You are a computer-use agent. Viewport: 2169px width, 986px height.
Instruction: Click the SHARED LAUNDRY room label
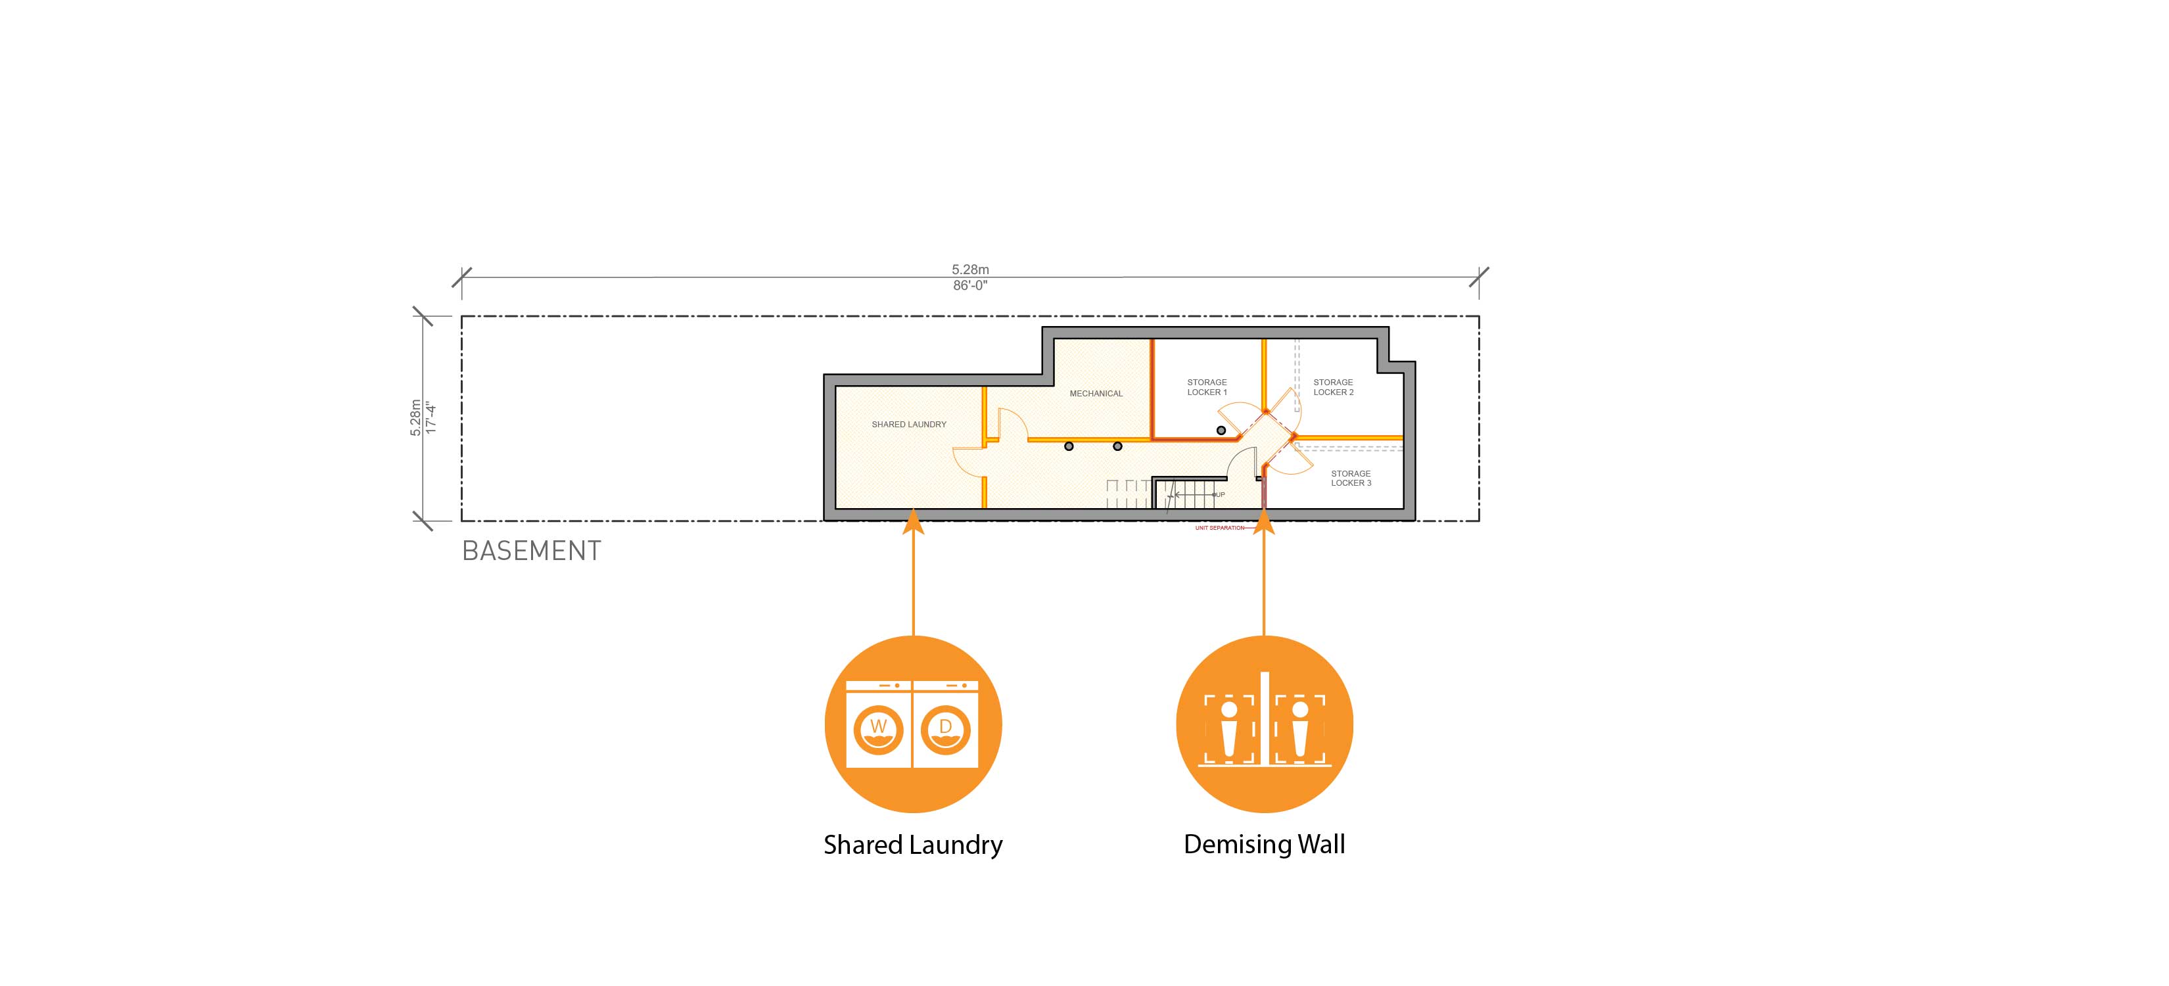(x=908, y=425)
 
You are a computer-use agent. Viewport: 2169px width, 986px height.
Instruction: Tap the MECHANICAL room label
(x=1096, y=393)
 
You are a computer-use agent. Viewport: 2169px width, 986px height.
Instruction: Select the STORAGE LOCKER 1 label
(x=1207, y=387)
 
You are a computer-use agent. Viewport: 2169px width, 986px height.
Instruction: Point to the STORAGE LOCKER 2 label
(x=1333, y=387)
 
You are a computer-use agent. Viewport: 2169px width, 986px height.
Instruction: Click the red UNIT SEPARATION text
(x=1219, y=528)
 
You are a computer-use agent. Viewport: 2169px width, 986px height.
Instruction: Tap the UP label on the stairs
(x=1219, y=494)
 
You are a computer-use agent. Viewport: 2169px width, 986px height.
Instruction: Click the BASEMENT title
(x=531, y=551)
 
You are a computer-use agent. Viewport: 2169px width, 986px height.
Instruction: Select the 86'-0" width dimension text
(x=970, y=285)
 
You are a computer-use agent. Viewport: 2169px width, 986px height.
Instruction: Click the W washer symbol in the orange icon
(x=878, y=726)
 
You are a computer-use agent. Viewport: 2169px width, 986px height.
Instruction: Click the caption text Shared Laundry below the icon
(x=913, y=845)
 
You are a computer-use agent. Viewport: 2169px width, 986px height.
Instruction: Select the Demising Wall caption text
(x=1264, y=844)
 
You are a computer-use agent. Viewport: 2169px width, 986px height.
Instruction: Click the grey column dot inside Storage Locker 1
(x=1221, y=431)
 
